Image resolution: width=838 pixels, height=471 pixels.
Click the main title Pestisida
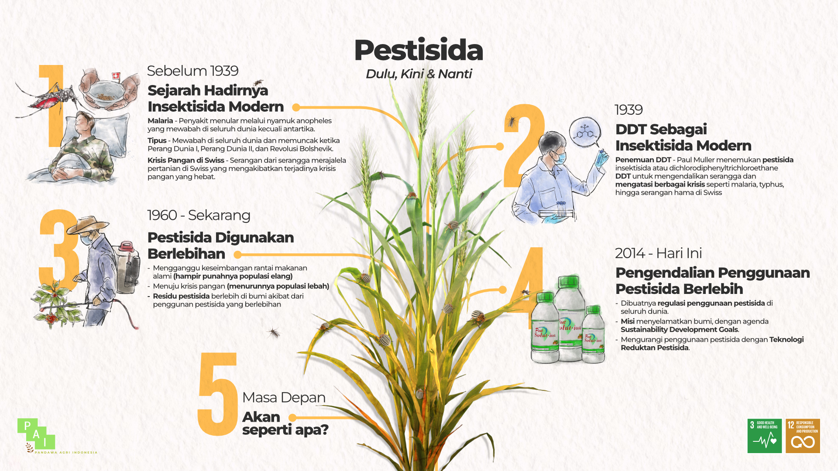(418, 50)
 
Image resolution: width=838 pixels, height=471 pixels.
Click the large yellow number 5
(217, 394)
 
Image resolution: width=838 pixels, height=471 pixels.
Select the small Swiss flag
(116, 76)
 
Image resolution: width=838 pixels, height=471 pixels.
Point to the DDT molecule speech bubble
(585, 132)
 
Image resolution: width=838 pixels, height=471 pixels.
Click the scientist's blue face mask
(561, 157)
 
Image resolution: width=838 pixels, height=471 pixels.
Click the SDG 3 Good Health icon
(765, 436)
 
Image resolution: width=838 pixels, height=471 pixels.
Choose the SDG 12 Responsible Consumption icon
(803, 436)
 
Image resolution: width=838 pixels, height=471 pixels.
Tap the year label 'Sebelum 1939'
(192, 71)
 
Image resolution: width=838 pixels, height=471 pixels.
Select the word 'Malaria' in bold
(160, 121)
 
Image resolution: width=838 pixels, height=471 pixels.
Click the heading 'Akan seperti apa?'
(285, 423)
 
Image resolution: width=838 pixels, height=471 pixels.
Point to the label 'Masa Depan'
(284, 397)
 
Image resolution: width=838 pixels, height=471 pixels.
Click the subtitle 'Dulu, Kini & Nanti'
(419, 74)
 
